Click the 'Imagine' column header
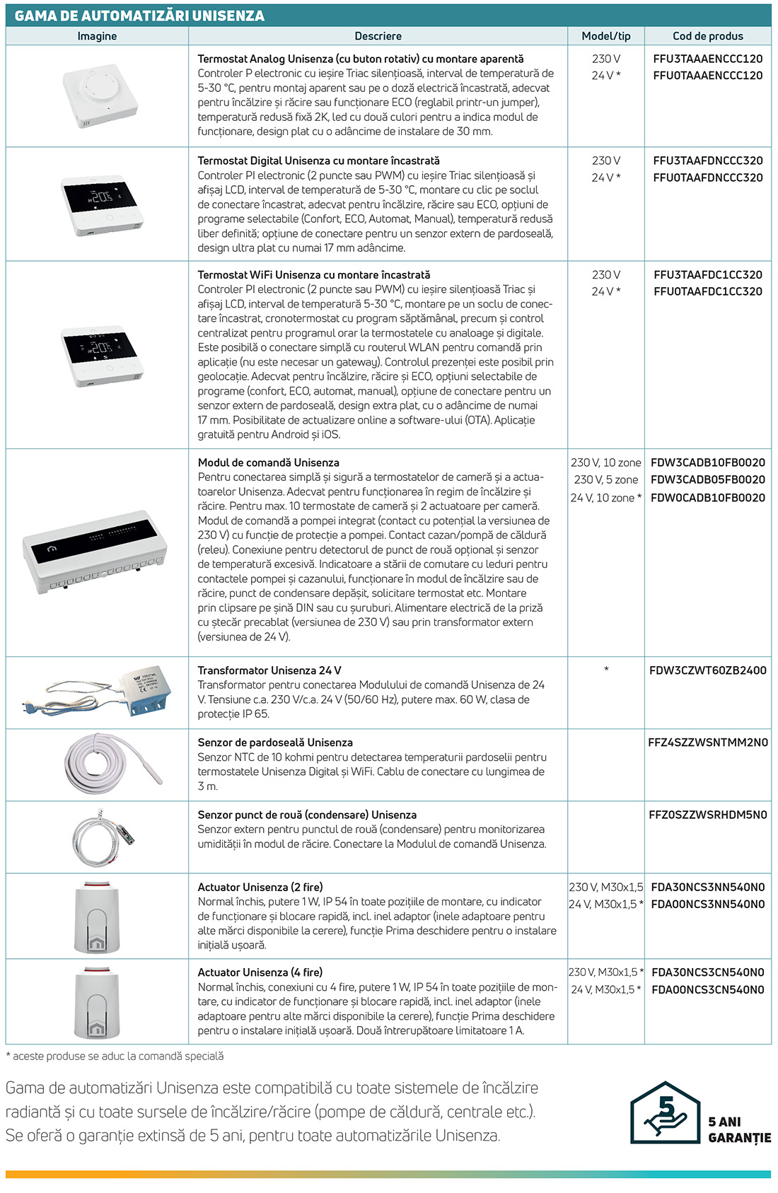[x=97, y=36]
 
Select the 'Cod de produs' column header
[x=707, y=36]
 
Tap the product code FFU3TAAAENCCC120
[x=707, y=59]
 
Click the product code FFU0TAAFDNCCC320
[x=707, y=178]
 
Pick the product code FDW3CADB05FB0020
[x=707, y=479]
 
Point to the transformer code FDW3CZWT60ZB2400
[x=707, y=670]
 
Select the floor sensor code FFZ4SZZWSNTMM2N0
[x=707, y=743]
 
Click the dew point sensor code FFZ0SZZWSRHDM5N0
[x=707, y=815]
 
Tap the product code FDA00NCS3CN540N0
[x=707, y=989]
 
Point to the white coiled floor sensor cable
[x=95, y=764]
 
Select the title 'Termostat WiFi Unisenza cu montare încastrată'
[x=313, y=274]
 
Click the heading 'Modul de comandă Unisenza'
[x=268, y=462]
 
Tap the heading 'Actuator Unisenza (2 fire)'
[x=260, y=887]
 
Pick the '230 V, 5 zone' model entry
[x=605, y=479]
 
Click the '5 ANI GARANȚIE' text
[x=739, y=1129]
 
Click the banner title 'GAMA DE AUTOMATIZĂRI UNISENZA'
[x=139, y=16]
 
